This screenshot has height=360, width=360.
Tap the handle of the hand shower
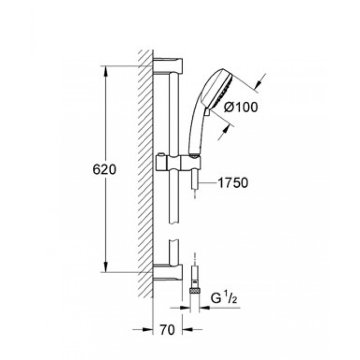coord(194,130)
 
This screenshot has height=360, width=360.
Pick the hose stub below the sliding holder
coord(195,180)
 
